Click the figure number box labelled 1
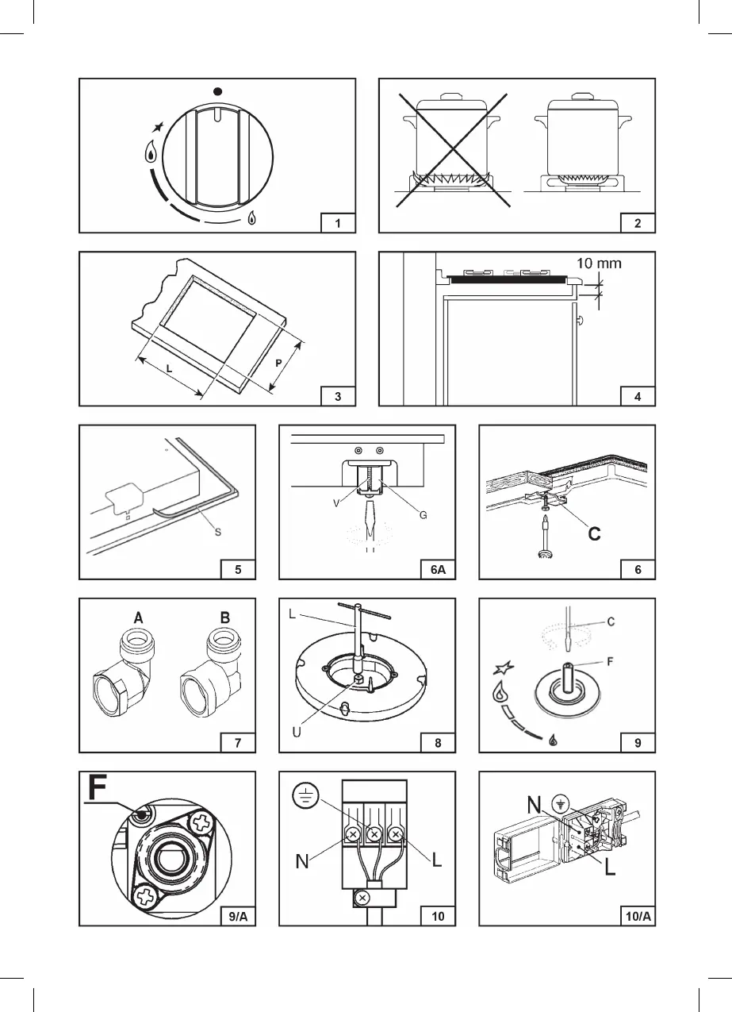pyautogui.click(x=339, y=223)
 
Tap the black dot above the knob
pyautogui.click(x=217, y=90)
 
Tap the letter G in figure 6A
pyautogui.click(x=423, y=515)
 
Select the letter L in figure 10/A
pyautogui.click(x=609, y=869)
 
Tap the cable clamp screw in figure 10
pyautogui.click(x=362, y=897)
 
